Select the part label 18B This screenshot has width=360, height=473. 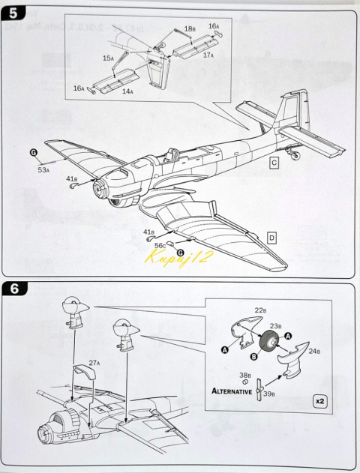190,29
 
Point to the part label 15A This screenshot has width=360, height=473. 108,58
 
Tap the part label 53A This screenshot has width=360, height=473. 43,170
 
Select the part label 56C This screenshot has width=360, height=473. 160,245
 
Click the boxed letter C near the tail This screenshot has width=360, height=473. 274,163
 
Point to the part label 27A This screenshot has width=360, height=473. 94,363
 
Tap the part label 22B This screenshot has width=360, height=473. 260,310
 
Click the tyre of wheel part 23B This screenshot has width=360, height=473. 268,345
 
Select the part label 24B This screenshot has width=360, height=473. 316,349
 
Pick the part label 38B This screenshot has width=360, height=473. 245,375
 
